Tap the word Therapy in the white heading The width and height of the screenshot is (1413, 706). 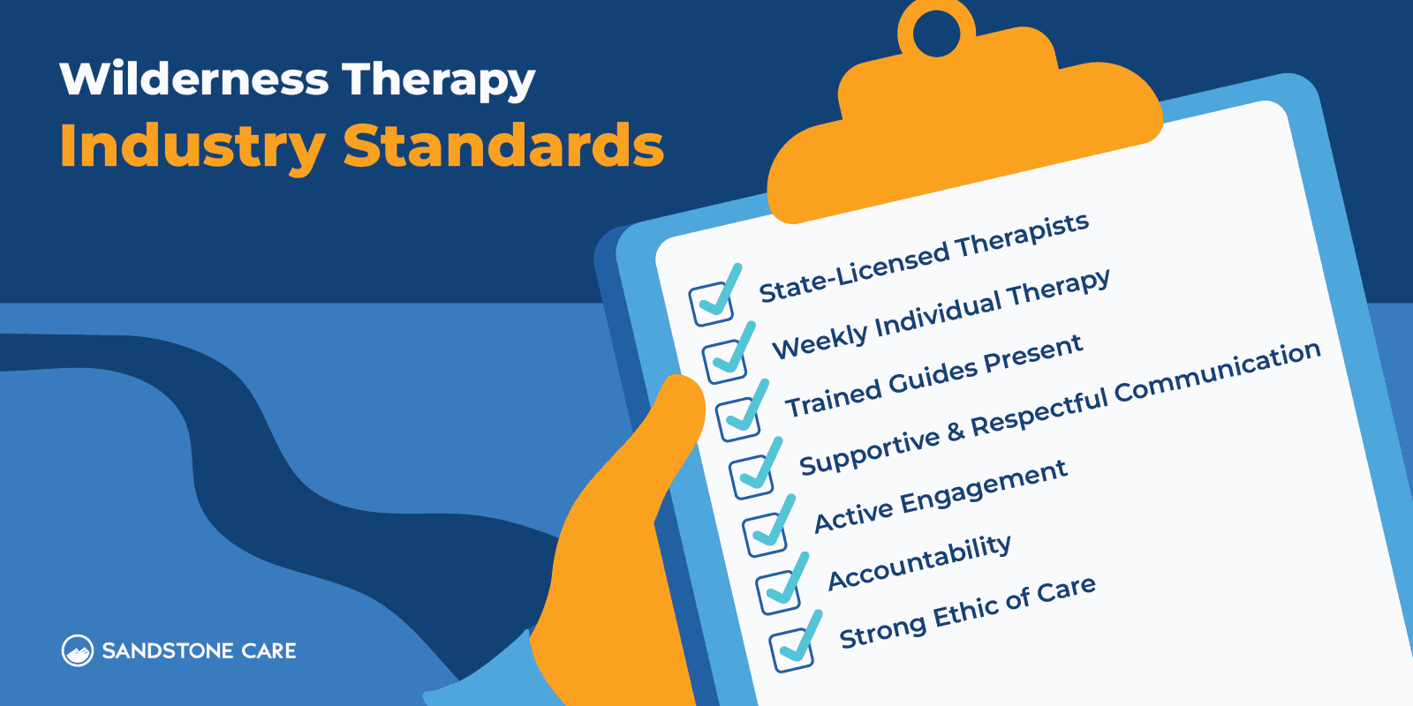point(438,81)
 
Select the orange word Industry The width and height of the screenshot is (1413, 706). point(193,146)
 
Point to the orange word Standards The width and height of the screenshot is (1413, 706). point(502,146)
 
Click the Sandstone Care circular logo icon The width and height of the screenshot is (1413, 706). point(77,651)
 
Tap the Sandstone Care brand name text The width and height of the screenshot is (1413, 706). point(199,651)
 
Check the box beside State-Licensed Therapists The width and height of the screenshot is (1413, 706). point(712,303)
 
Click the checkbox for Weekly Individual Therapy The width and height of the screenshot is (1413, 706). point(725,360)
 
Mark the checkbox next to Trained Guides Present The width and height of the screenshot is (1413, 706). point(738,418)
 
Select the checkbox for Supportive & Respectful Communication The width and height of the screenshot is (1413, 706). point(752,476)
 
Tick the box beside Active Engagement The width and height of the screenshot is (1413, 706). point(765,533)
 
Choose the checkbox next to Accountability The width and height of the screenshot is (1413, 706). point(778,591)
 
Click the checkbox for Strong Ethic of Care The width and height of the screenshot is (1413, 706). point(791,650)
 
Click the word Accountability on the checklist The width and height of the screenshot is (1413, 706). point(919,562)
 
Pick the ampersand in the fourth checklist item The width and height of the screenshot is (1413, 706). point(956,432)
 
